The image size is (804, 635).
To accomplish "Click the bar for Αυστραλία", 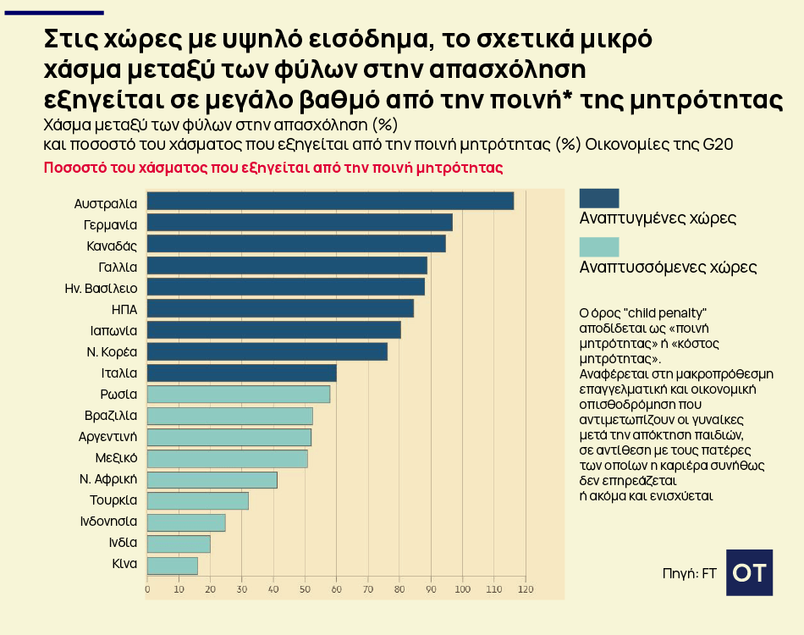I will [x=330, y=201].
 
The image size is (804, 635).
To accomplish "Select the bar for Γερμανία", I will [x=300, y=223].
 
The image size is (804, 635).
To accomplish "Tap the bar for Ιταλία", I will [x=242, y=373].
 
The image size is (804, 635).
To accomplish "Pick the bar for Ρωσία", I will [x=239, y=395].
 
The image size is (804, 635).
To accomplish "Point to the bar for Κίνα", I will [x=173, y=566].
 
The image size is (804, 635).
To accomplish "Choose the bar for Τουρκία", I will [x=198, y=501].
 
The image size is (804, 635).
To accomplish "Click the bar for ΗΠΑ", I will [x=280, y=308].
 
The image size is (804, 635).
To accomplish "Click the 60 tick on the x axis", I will [x=336, y=589].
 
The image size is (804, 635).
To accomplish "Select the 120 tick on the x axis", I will [x=525, y=589].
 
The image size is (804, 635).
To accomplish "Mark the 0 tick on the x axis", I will [x=147, y=589].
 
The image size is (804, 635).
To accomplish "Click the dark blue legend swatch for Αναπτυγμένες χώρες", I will [x=599, y=197].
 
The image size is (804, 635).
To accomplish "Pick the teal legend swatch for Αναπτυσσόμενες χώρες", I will [x=599, y=246].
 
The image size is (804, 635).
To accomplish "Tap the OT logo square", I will [x=749, y=572].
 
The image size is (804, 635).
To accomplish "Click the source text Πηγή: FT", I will [x=689, y=574].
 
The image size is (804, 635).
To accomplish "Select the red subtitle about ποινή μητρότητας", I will [x=273, y=168].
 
